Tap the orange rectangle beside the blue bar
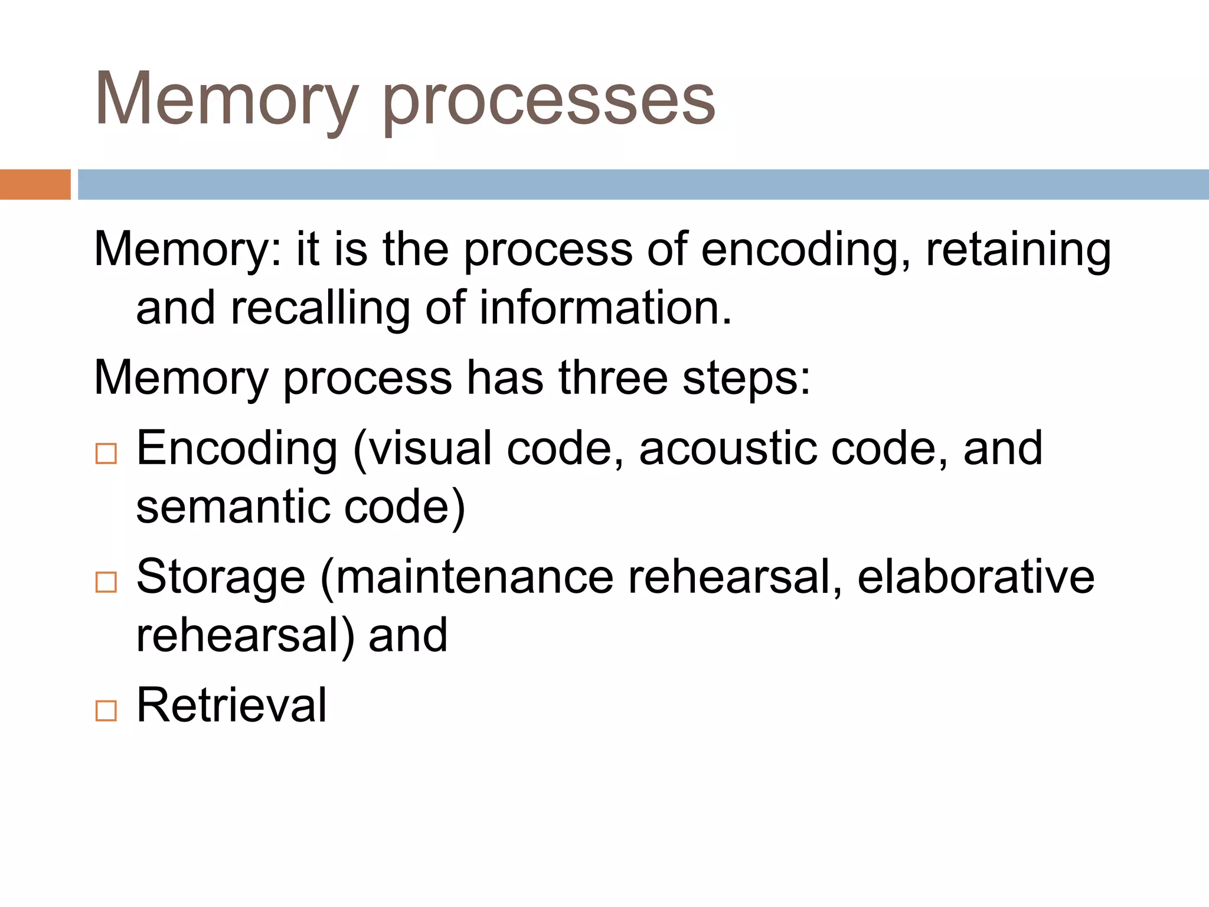[x=35, y=184]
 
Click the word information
[x=604, y=308]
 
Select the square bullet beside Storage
[x=106, y=582]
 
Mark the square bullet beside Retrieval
[x=106, y=710]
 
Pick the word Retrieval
[x=231, y=705]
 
